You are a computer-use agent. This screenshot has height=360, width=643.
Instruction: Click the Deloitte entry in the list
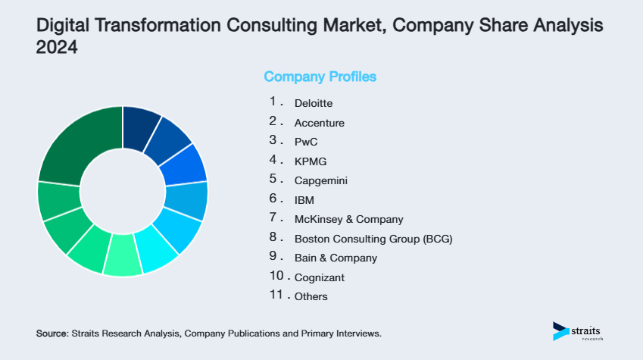[x=313, y=102]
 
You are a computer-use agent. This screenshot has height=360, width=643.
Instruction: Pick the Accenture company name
[x=319, y=122]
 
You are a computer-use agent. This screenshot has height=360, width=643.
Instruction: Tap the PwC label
[x=306, y=142]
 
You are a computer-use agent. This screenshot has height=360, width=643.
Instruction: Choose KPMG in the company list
[x=311, y=161]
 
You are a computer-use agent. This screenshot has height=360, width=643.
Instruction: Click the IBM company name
[x=304, y=200]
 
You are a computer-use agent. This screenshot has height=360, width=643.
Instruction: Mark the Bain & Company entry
[x=335, y=258]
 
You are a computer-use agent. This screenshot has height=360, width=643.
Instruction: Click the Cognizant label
[x=319, y=277]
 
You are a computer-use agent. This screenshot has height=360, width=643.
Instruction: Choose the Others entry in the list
[x=311, y=297]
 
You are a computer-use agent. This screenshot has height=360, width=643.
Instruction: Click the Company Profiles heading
[x=320, y=77]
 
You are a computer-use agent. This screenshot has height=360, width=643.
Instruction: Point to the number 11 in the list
[x=276, y=296]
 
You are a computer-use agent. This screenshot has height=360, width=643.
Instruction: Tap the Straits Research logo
[x=579, y=332]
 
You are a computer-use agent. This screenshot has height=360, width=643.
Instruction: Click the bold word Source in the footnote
[x=52, y=333]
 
